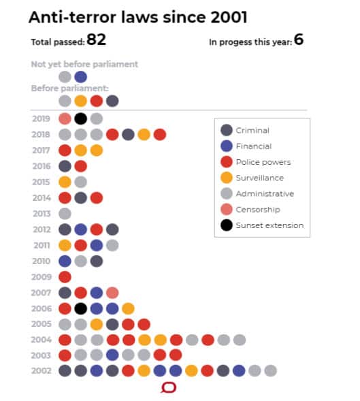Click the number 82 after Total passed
(96, 40)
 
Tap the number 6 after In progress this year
(298, 40)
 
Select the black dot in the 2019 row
(80, 118)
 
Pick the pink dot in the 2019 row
(65, 118)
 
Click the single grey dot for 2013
(65, 213)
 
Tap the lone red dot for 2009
(65, 276)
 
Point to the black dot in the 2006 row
(80, 308)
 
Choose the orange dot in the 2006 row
(128, 308)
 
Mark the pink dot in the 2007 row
(112, 292)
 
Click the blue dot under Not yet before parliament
(80, 76)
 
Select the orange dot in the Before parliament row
(80, 101)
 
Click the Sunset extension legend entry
(269, 225)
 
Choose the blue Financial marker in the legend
(227, 146)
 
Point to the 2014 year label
(41, 197)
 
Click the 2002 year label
(41, 371)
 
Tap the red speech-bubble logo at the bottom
(168, 388)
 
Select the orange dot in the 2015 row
(65, 182)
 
